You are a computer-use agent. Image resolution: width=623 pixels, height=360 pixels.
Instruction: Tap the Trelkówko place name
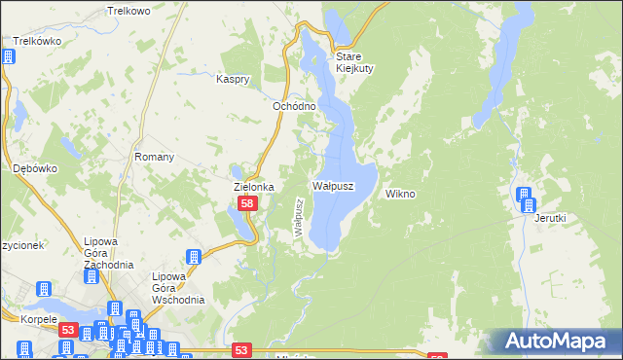click(x=32, y=41)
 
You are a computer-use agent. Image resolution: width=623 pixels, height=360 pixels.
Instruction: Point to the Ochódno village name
click(x=292, y=105)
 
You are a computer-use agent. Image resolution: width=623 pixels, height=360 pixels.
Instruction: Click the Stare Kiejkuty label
click(x=354, y=62)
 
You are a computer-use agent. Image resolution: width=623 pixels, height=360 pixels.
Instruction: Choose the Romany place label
click(x=155, y=157)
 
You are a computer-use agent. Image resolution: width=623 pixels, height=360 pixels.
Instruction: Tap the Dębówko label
click(x=35, y=168)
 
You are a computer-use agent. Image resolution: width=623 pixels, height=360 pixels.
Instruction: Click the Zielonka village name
click(x=253, y=187)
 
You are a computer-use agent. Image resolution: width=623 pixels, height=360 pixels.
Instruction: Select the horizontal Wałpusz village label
click(x=332, y=185)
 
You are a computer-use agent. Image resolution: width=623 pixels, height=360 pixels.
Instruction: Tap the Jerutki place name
click(x=550, y=218)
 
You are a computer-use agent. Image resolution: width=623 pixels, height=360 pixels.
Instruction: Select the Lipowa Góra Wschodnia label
click(x=178, y=288)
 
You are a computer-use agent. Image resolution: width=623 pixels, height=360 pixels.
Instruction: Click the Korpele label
click(x=20, y=318)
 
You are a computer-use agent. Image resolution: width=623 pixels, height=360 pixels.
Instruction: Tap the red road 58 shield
click(x=247, y=203)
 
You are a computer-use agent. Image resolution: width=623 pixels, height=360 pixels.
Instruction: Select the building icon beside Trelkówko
click(x=8, y=56)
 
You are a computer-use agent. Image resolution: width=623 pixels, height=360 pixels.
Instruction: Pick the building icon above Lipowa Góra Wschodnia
click(x=193, y=258)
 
